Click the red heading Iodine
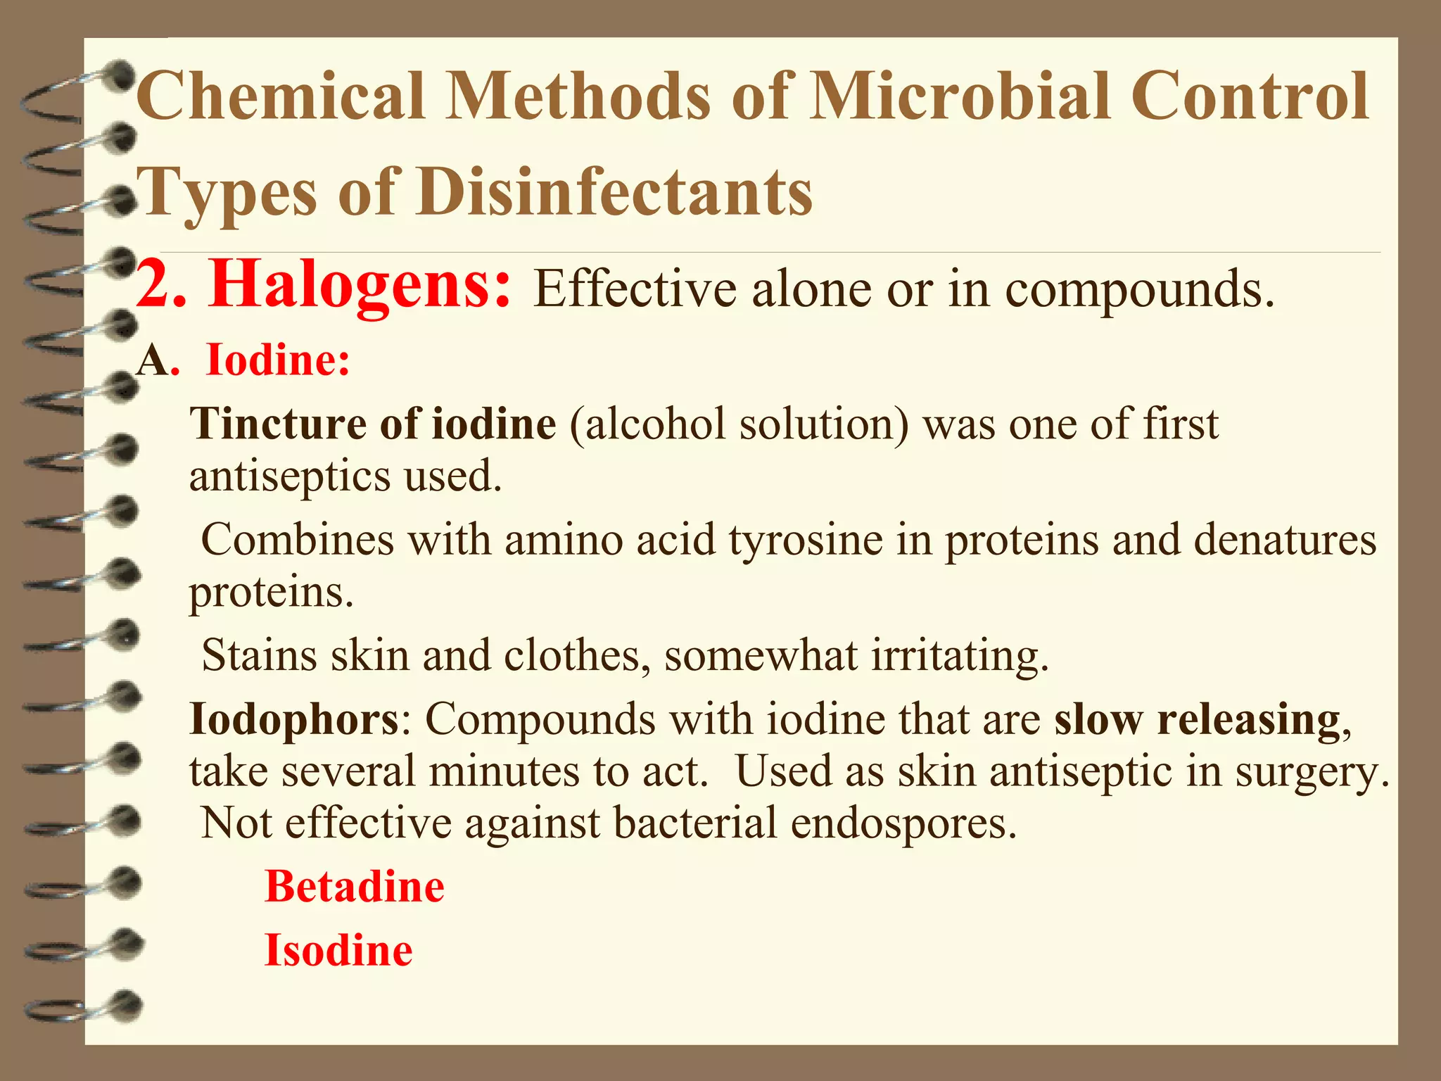(278, 360)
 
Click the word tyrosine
(806, 540)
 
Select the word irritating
(960, 655)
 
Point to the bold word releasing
(1249, 719)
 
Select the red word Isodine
(338, 950)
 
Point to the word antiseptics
(290, 476)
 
